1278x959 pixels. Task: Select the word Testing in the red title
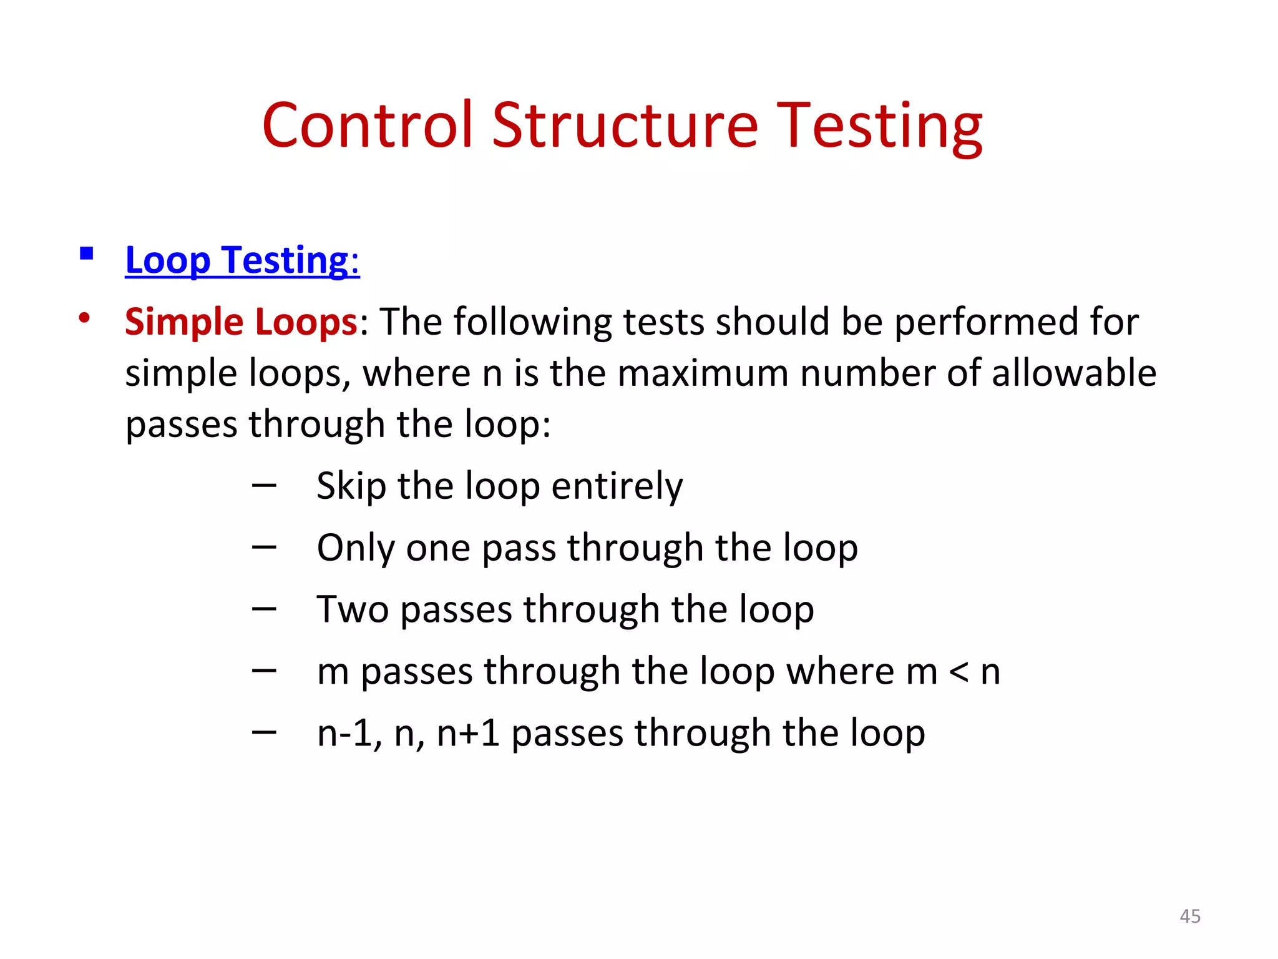[x=880, y=127]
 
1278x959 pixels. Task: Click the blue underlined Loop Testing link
[x=241, y=260]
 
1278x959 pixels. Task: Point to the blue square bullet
[x=87, y=253]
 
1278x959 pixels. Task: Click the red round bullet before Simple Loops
[x=84, y=318]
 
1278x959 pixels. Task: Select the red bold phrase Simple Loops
[x=241, y=322]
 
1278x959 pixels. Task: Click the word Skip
[x=351, y=486]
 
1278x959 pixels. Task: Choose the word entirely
[x=617, y=486]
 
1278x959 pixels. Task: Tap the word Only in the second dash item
[x=355, y=548]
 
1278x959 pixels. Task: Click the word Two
[x=353, y=609]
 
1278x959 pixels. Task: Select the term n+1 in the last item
[x=468, y=733]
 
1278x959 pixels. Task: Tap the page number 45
[x=1190, y=916]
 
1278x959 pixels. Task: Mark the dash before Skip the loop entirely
[x=264, y=485]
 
